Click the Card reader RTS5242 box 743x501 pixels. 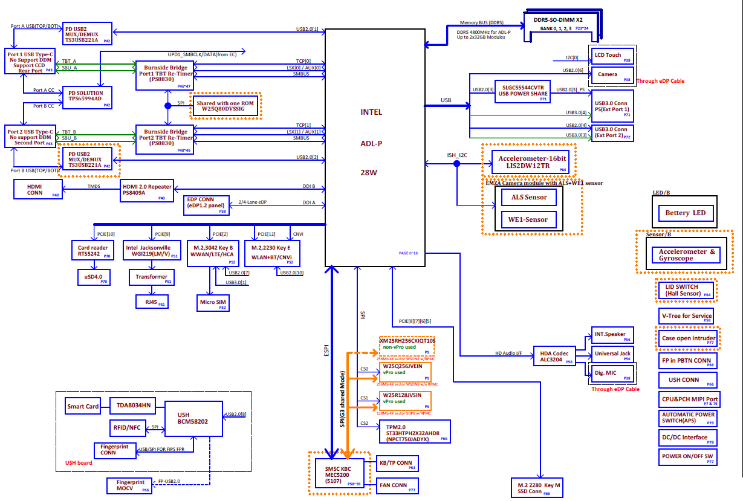click(x=92, y=251)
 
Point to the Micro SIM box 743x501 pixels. click(x=212, y=302)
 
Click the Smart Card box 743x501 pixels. click(x=83, y=406)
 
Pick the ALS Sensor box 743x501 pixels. click(x=529, y=197)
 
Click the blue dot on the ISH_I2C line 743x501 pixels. click(x=457, y=163)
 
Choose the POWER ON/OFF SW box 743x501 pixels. click(x=688, y=457)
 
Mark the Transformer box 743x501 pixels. click(x=151, y=277)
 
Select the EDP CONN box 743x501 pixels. click(x=206, y=205)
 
